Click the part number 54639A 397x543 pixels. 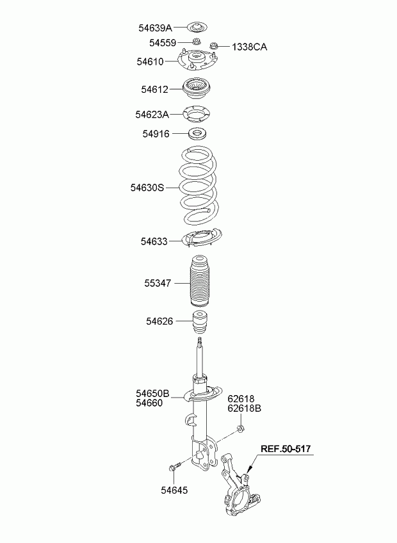[155, 28]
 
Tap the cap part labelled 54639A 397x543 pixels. [197, 27]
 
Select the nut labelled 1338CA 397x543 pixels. [214, 45]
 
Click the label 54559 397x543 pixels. [163, 43]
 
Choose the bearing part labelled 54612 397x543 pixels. [197, 88]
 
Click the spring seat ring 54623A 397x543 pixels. [197, 114]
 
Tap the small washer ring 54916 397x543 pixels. [197, 133]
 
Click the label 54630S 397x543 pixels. [147, 188]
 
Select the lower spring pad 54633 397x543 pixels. [202, 238]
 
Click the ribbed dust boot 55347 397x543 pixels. [199, 282]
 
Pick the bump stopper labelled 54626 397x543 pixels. [199, 321]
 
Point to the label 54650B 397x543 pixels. [152, 393]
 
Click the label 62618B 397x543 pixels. [244, 409]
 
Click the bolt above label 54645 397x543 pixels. [175, 466]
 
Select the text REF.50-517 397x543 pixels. [286, 449]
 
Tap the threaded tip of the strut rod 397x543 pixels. [199, 341]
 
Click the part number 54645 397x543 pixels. [174, 490]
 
